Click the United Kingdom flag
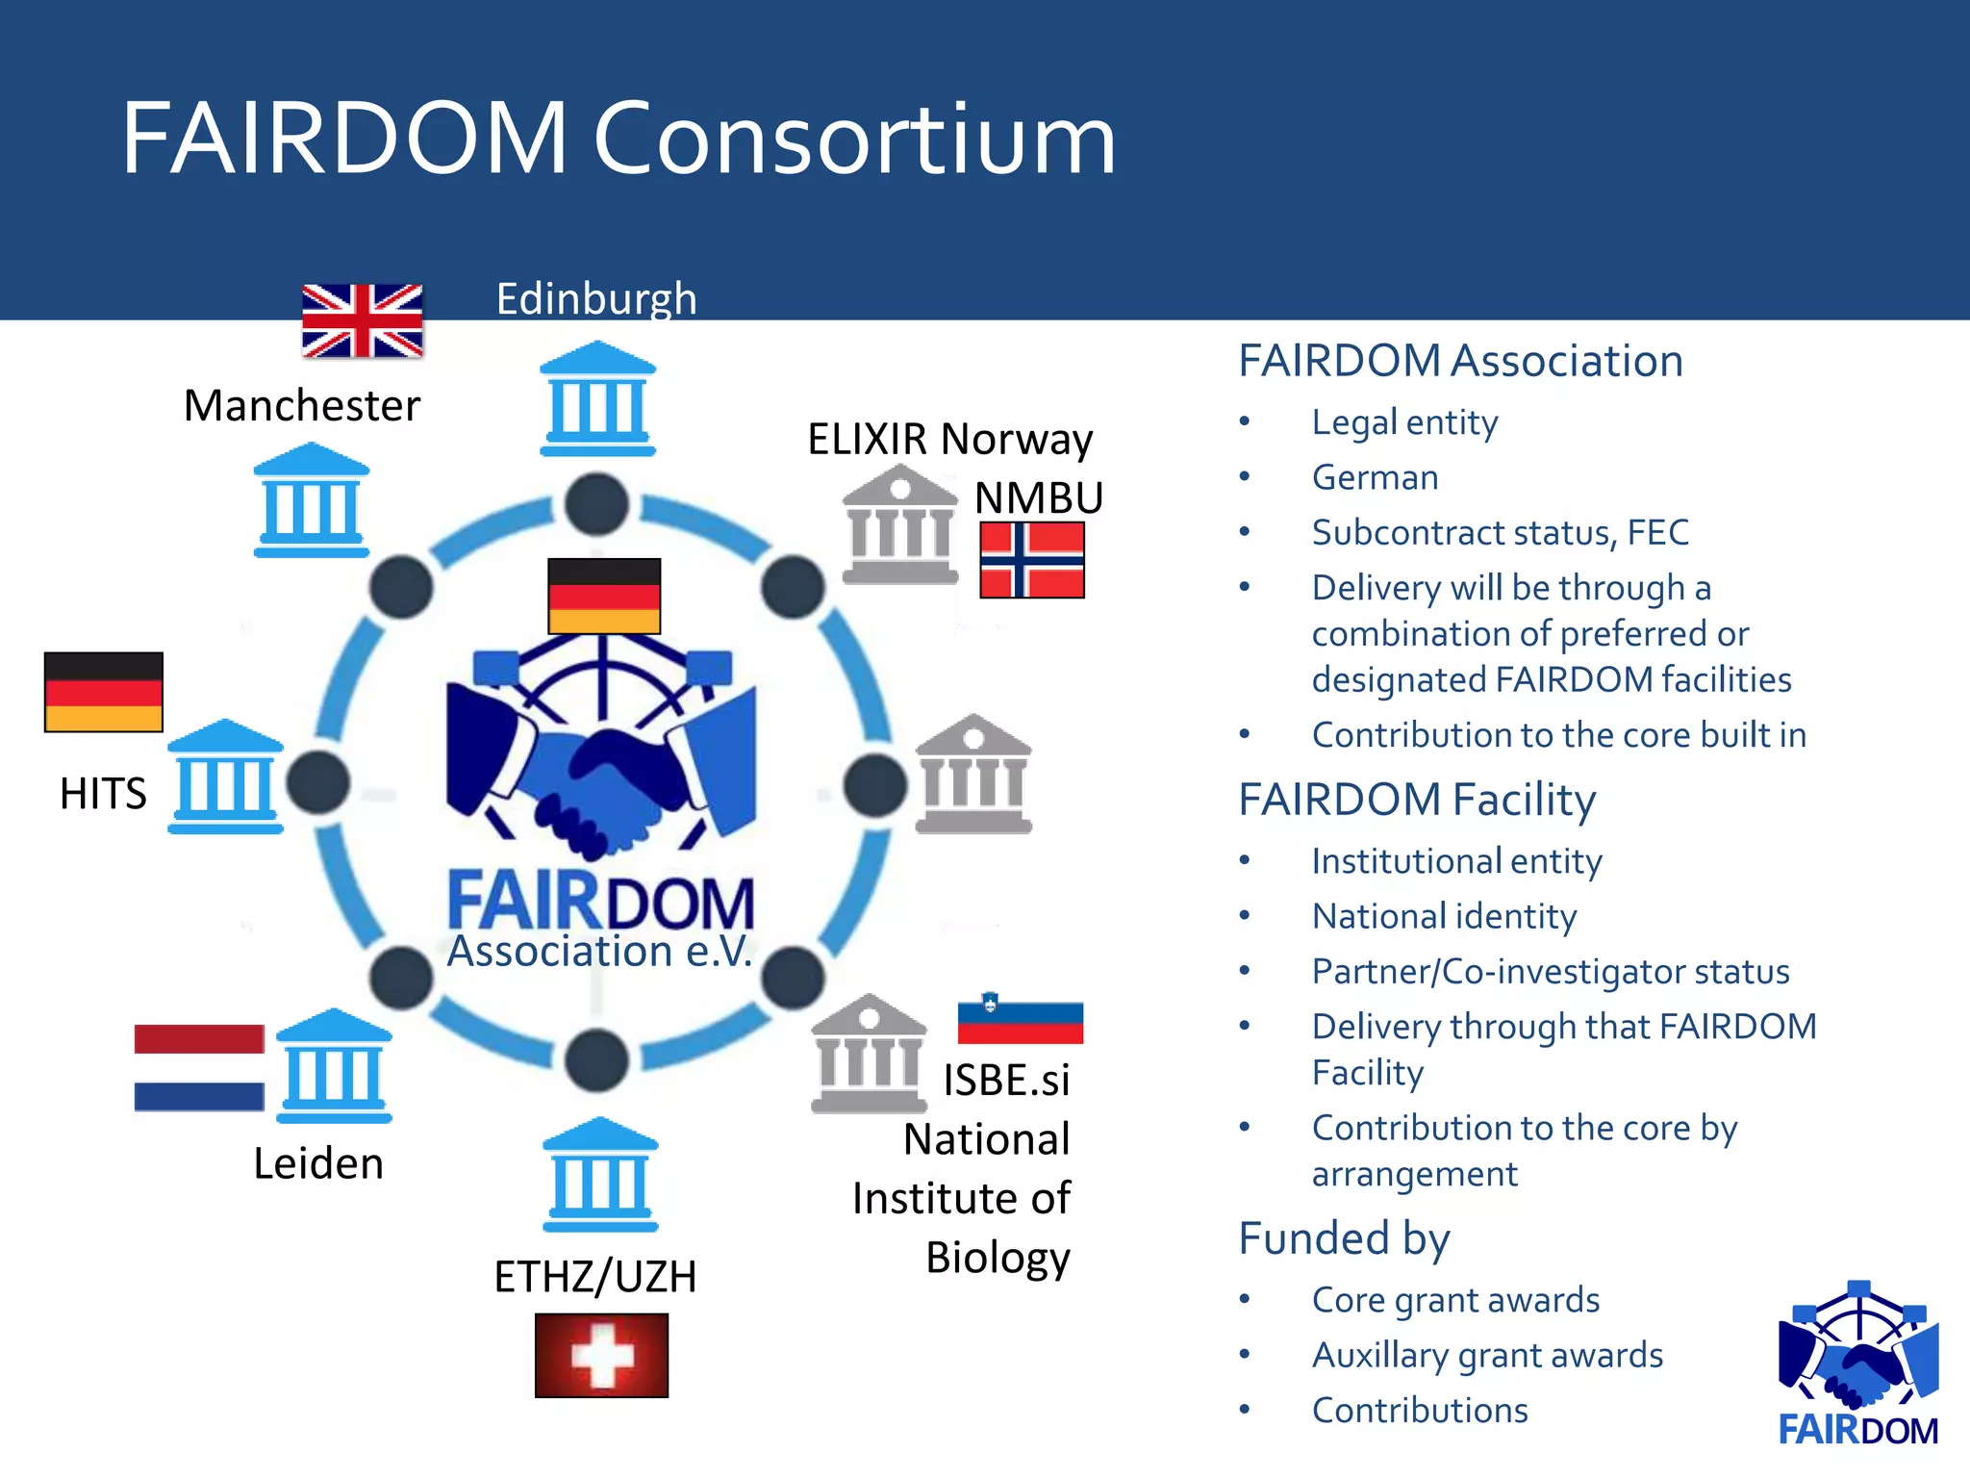[x=362, y=320]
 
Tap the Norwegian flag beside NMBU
[x=1032, y=559]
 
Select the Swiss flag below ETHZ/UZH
[x=601, y=1355]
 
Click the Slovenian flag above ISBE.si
[x=1020, y=1019]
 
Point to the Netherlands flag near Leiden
[x=199, y=1067]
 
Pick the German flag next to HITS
[x=104, y=692]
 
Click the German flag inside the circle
[x=604, y=596]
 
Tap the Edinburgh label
[x=596, y=298]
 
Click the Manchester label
[x=302, y=405]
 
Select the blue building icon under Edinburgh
[x=597, y=398]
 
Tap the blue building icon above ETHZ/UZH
[x=600, y=1175]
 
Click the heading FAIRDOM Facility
[x=1417, y=800]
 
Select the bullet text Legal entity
[x=1404, y=422]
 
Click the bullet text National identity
[x=1444, y=916]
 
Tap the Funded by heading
[x=1344, y=1238]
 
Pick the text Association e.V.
[x=599, y=952]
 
